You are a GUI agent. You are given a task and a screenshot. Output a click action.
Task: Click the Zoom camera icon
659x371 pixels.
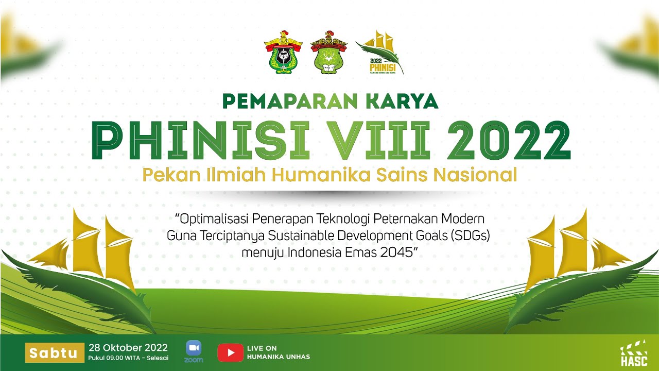tap(194, 349)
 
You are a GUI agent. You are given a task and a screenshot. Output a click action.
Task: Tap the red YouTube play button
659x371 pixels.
tap(230, 352)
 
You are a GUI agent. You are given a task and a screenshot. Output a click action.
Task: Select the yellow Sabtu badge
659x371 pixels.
tap(54, 353)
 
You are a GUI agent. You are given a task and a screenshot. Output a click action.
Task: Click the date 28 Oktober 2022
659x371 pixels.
tap(121, 347)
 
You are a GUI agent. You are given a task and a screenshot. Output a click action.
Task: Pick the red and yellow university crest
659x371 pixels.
tap(282, 52)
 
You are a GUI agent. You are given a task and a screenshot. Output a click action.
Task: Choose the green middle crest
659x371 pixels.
tap(328, 52)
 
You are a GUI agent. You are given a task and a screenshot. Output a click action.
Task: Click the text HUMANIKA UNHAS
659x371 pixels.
tap(278, 357)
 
